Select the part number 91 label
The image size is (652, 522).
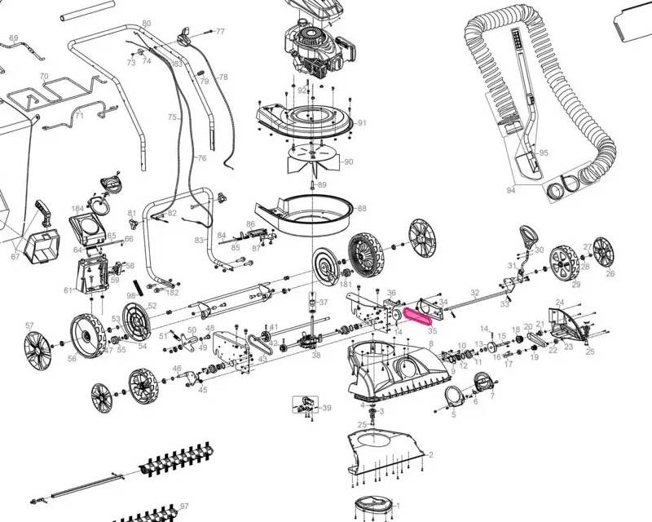coord(362,123)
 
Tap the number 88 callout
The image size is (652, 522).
coord(362,209)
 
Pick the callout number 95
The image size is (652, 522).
coord(544,153)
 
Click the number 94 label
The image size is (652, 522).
coord(511,190)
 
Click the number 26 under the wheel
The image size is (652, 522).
coord(610,274)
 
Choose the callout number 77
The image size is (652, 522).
coord(219,31)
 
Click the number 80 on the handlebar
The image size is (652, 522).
coord(146,22)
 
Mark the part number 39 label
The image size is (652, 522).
coord(327,408)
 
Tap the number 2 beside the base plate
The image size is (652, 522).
coord(430,453)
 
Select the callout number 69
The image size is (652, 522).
coord(13,38)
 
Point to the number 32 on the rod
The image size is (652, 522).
coord(474,292)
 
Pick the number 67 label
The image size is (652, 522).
coord(15,257)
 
